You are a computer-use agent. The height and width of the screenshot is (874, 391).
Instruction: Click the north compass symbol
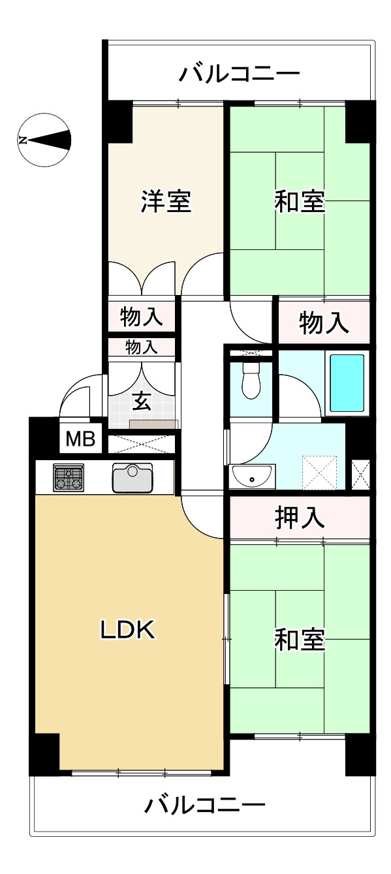tap(44, 140)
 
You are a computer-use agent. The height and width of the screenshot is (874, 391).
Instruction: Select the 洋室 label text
tap(166, 202)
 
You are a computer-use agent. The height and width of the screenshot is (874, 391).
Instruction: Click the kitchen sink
tap(133, 478)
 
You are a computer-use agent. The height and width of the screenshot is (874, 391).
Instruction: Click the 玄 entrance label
tap(142, 401)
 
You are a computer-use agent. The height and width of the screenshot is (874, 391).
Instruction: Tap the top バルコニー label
tap(240, 74)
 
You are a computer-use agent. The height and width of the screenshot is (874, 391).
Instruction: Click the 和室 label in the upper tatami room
tap(299, 202)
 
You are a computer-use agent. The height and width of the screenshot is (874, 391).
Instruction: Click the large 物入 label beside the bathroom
tap(324, 322)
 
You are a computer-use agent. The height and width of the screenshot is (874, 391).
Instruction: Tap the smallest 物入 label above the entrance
tap(141, 347)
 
